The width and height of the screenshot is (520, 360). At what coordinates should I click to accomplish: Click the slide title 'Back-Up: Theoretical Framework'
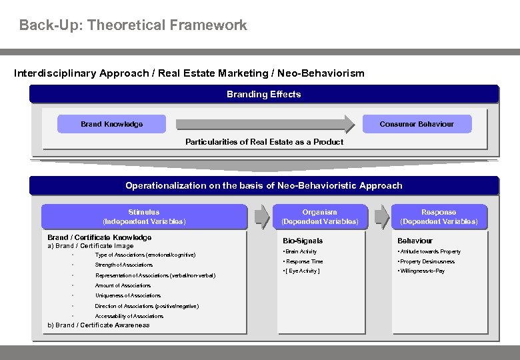click(x=133, y=25)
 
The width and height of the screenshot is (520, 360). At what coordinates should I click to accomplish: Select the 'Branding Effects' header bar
click(x=263, y=94)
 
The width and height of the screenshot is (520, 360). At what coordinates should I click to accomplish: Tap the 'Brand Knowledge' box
click(x=111, y=124)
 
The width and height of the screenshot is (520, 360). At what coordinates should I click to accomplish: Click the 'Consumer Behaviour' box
click(x=416, y=124)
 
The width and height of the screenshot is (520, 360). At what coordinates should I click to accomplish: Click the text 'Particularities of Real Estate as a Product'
click(x=264, y=141)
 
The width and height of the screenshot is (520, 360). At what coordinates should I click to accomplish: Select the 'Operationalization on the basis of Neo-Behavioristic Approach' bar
click(x=263, y=185)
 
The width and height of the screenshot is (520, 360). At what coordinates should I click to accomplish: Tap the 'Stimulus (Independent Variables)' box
click(x=143, y=216)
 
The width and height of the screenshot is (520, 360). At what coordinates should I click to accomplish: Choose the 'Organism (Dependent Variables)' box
click(x=319, y=216)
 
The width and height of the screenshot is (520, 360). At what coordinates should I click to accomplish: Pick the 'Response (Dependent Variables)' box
click(x=438, y=216)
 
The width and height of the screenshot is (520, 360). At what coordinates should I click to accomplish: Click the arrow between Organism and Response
click(x=381, y=217)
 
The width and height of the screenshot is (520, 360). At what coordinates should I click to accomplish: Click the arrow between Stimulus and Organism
click(x=262, y=217)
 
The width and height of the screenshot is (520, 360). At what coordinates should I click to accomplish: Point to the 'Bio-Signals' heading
click(x=302, y=241)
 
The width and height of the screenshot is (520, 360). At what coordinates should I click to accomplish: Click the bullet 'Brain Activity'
click(x=301, y=251)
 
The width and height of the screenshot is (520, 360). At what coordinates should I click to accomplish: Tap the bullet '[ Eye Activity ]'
click(x=303, y=271)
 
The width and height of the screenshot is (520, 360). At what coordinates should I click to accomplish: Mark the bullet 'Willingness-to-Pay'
click(x=421, y=271)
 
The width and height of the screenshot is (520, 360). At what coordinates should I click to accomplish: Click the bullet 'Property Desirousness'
click(x=426, y=261)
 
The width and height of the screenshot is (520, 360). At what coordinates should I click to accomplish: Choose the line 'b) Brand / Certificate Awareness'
click(x=98, y=325)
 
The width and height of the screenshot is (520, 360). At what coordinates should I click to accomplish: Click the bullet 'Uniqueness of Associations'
click(x=127, y=295)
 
